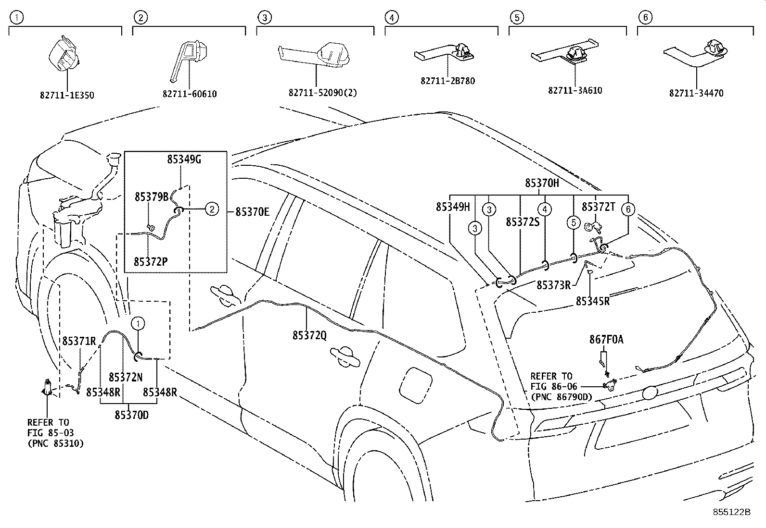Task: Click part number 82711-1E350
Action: coord(66,95)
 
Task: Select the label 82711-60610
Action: coord(190,94)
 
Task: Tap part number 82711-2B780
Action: coord(447,81)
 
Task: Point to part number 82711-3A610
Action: coord(575,90)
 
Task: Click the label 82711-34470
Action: coord(696,94)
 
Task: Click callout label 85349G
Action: coord(184,160)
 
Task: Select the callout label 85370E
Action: coord(252,211)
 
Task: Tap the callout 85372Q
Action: coord(309,335)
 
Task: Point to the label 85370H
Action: coord(542,183)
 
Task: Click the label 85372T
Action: coord(599,207)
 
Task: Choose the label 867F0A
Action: coord(606,340)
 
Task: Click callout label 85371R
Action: coord(79,341)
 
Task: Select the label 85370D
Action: coord(131,415)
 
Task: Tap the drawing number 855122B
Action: coord(731,512)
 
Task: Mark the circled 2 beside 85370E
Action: coord(211,209)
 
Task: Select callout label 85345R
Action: coord(592,301)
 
